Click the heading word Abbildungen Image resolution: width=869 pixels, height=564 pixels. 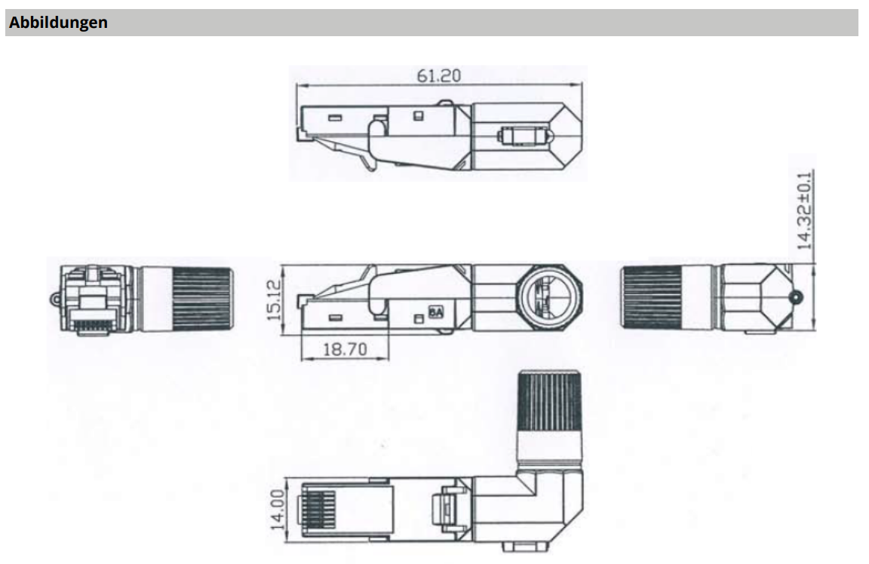point(58,23)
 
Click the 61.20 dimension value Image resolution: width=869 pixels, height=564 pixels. point(439,75)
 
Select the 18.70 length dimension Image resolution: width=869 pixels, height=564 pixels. point(344,348)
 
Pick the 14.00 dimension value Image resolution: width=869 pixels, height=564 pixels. point(277,510)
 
